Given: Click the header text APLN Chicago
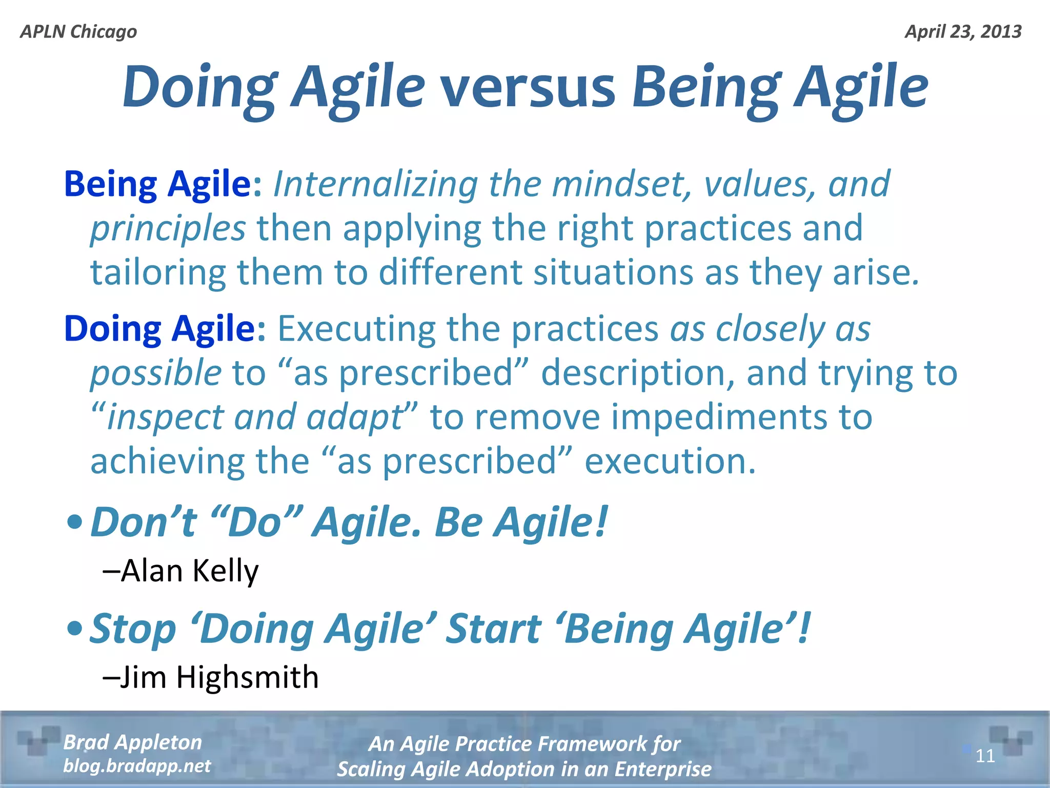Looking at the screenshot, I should [78, 32].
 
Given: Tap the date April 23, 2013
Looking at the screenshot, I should [963, 32].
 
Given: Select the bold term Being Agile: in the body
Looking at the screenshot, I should [163, 184].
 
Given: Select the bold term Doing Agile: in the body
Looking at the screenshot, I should [165, 328].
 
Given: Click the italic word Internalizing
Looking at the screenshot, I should [375, 184].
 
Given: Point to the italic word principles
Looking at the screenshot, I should [168, 228].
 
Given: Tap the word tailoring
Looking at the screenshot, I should [158, 272].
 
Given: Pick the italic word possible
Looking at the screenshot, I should [156, 373].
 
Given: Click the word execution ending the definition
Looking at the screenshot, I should [670, 461].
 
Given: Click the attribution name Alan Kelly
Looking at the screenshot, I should [190, 570].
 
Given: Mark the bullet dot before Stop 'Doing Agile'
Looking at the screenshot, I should [75, 628].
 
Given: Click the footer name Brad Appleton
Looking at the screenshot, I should [132, 742].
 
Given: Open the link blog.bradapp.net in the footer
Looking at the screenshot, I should [137, 766].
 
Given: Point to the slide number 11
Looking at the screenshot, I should [985, 756].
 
